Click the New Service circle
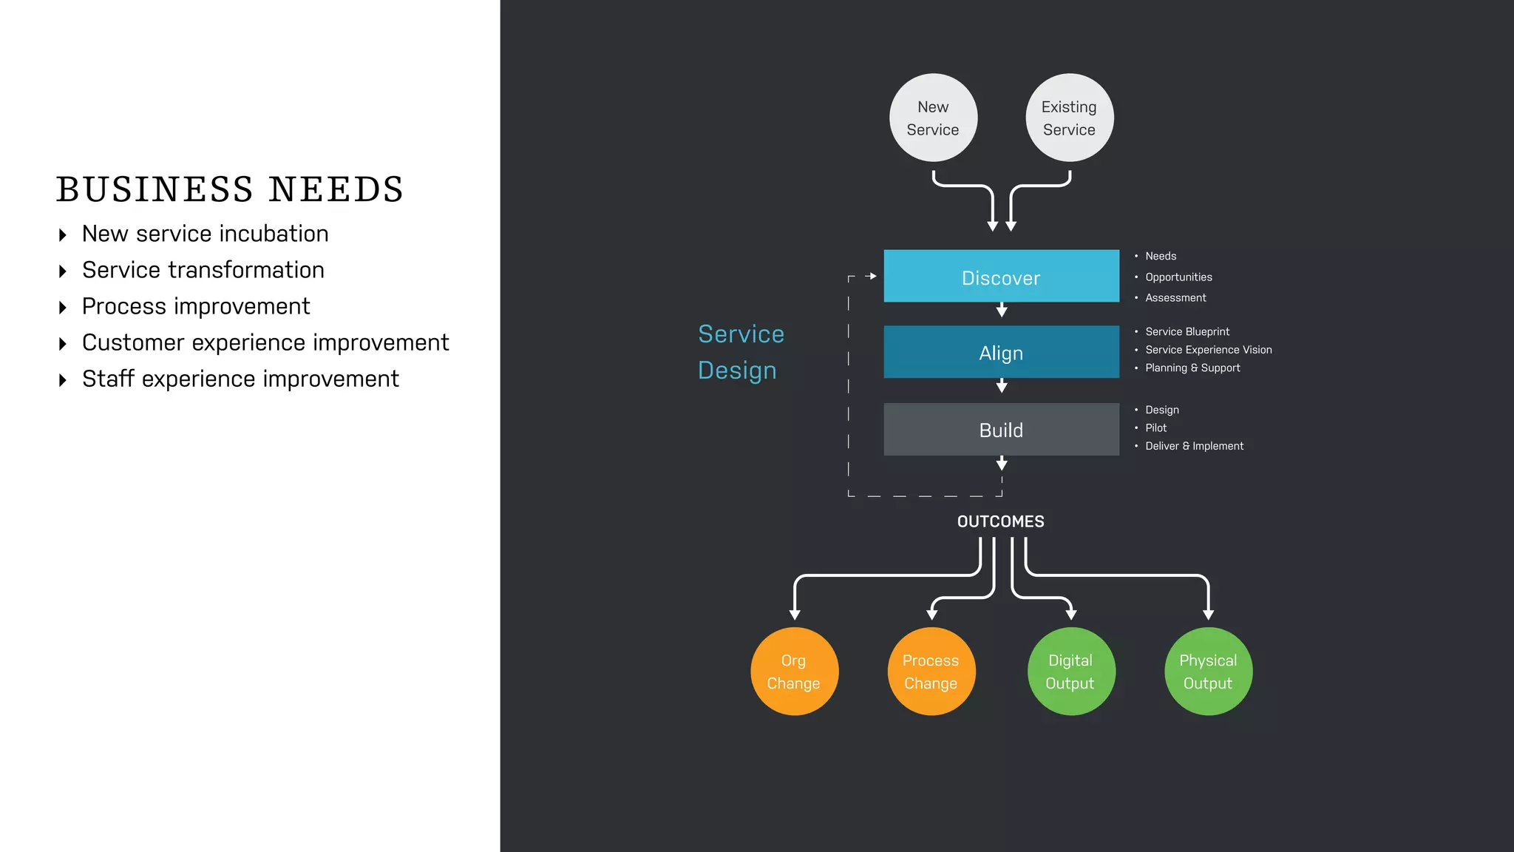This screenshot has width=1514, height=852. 933,118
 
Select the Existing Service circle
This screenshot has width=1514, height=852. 1069,118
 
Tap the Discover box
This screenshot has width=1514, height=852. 1001,277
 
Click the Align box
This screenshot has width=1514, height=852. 1001,352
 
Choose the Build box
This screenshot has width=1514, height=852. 1001,430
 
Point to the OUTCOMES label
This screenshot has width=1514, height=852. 1000,521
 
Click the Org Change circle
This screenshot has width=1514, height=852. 794,671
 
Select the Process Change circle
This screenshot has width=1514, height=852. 931,671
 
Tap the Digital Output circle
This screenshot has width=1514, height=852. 1070,671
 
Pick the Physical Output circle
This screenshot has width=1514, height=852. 1208,671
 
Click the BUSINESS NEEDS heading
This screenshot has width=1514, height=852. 230,189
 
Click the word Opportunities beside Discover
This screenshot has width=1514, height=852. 1178,277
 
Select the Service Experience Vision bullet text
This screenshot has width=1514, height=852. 1208,350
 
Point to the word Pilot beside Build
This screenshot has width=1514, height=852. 1155,428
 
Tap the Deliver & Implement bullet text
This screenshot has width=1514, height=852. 1194,446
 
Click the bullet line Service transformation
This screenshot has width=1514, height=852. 203,270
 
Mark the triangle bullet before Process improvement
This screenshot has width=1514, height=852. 63,308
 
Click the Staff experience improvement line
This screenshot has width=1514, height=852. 240,379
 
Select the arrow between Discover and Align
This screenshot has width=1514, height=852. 1002,311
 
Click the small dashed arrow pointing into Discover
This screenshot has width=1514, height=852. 871,276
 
